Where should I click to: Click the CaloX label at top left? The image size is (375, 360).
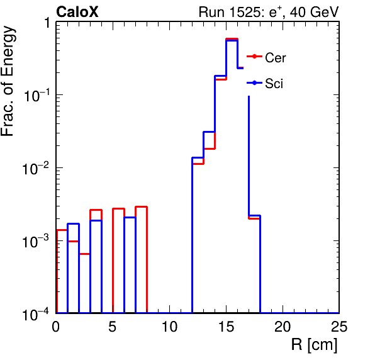point(77,12)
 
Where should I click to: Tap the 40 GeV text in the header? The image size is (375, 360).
point(314,12)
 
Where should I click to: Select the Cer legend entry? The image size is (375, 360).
point(266,57)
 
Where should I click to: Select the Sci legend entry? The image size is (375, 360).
point(265,84)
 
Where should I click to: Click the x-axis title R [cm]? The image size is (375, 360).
point(314,345)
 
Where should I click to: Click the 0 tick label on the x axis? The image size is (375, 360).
point(56,326)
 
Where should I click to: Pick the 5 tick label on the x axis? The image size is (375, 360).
point(113,326)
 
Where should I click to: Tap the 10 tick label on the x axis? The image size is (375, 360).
point(169,326)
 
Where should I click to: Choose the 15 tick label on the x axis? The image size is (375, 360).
point(226,326)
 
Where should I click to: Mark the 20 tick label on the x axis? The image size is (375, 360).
point(283,326)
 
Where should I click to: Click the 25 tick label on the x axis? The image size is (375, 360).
point(339,326)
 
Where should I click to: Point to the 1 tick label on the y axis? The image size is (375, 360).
point(47,23)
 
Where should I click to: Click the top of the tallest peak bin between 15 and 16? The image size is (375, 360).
point(232,39)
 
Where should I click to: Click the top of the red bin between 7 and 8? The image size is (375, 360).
point(141,206)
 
